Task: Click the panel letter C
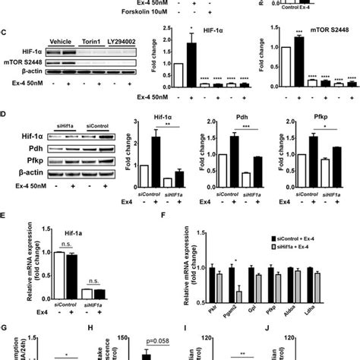(x=5, y=34)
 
